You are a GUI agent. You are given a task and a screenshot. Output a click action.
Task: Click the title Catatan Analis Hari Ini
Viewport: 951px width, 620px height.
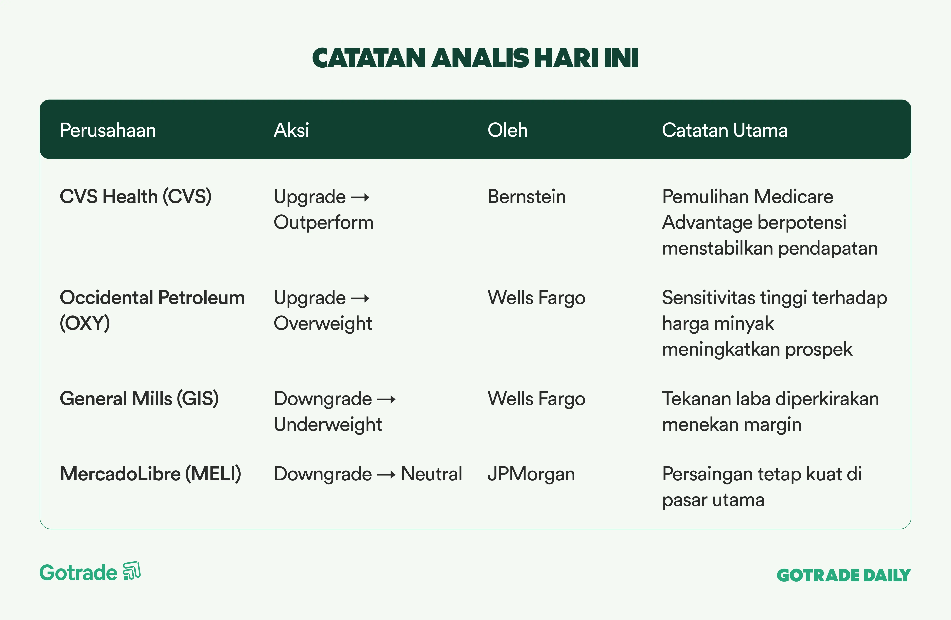[x=475, y=58]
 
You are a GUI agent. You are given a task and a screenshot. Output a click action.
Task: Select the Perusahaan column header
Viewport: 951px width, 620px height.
[x=108, y=130]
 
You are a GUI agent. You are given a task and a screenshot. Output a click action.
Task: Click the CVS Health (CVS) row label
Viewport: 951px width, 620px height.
[x=135, y=197]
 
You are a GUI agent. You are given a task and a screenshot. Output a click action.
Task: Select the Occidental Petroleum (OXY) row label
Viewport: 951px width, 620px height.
[x=152, y=310]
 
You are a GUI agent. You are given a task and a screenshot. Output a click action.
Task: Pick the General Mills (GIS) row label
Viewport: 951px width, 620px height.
[x=139, y=399]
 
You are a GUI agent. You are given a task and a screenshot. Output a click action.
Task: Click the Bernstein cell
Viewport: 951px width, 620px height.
[x=527, y=197]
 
